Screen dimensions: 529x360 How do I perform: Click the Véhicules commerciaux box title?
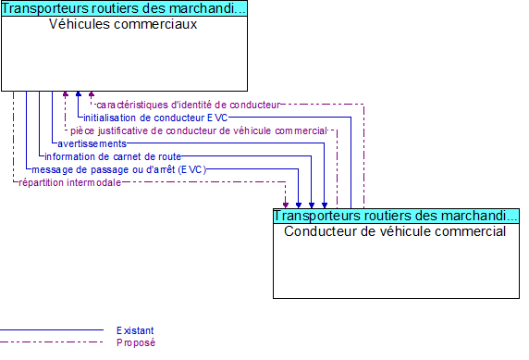click(123, 24)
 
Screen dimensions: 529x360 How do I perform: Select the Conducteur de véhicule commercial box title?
click(395, 231)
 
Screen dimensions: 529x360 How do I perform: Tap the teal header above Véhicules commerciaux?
click(124, 9)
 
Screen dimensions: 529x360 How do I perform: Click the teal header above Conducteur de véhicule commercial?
click(396, 216)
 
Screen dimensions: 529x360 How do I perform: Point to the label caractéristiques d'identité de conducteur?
click(187, 105)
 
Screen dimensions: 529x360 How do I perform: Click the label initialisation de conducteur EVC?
click(154, 118)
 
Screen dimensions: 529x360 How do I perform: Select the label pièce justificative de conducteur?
click(198, 130)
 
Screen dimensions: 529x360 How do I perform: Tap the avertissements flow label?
click(92, 143)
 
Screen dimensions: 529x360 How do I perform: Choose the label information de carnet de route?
click(112, 156)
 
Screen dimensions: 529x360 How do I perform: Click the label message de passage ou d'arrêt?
click(118, 169)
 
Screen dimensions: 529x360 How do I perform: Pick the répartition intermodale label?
click(69, 182)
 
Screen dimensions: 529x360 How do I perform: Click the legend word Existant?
click(135, 330)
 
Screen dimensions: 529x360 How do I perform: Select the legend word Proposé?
click(135, 342)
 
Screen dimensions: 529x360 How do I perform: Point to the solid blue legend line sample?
click(51, 330)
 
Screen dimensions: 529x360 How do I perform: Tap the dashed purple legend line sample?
click(51, 342)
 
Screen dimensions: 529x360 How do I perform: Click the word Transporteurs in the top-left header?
click(42, 9)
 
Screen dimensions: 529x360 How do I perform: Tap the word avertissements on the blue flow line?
click(92, 143)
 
